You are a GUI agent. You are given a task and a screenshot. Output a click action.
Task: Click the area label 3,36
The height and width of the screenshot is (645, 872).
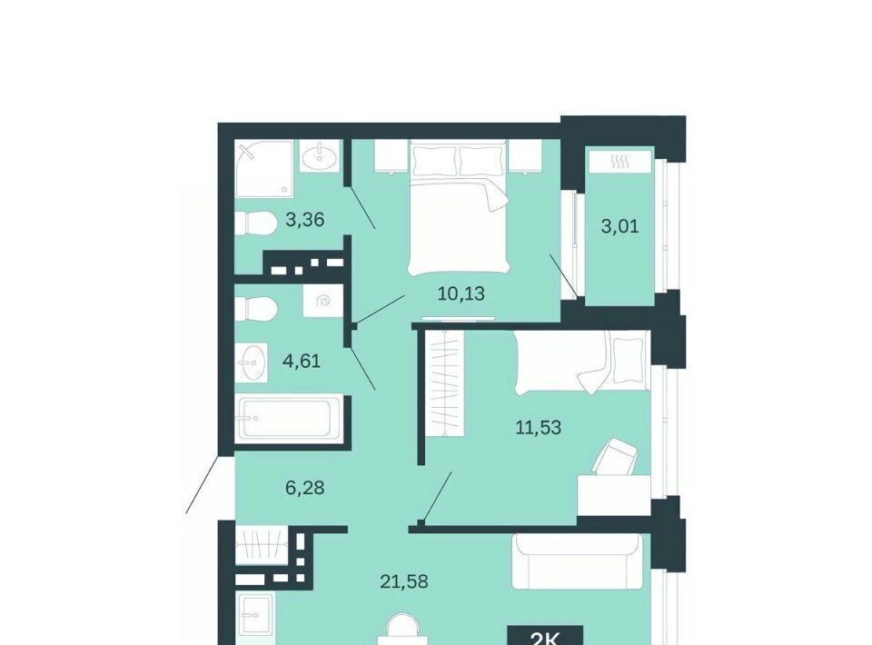pyautogui.click(x=305, y=220)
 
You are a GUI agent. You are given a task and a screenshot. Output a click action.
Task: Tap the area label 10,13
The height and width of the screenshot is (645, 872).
pyautogui.click(x=461, y=293)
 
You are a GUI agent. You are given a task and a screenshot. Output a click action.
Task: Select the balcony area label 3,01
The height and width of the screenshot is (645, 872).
pyautogui.click(x=620, y=226)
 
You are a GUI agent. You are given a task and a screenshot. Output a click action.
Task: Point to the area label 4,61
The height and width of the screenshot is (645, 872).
pyautogui.click(x=302, y=362)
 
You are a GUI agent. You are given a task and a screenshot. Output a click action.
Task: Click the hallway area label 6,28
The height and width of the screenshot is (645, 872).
pyautogui.click(x=305, y=488)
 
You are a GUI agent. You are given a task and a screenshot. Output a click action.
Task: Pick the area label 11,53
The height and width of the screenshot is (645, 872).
pyautogui.click(x=539, y=428)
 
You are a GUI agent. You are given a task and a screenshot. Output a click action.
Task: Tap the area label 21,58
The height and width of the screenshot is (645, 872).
pyautogui.click(x=404, y=581)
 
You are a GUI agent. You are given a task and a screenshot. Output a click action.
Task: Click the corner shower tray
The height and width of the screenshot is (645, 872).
pyautogui.click(x=264, y=168)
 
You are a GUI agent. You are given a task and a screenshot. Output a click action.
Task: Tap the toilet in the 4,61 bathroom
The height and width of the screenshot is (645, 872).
pyautogui.click(x=255, y=309)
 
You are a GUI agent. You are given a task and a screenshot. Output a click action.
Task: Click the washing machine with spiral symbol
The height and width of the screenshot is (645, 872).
pyautogui.click(x=322, y=302)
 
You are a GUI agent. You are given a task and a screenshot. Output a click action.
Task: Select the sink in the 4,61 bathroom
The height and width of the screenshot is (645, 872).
pyautogui.click(x=252, y=362)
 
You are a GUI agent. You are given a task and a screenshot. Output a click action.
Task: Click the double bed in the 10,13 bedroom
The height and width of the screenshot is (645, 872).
pyautogui.click(x=460, y=207)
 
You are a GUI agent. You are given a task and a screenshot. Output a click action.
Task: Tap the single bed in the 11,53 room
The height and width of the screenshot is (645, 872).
pyautogui.click(x=582, y=362)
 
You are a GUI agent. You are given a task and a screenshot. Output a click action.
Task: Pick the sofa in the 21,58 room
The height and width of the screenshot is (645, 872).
pyautogui.click(x=578, y=561)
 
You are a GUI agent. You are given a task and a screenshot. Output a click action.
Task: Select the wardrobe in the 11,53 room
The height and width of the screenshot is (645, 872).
pyautogui.click(x=445, y=382)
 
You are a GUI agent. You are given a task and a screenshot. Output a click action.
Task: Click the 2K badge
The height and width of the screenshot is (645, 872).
pyautogui.click(x=545, y=636)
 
